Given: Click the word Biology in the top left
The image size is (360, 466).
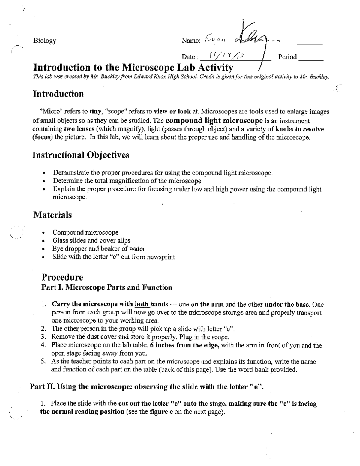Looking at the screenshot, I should [x=45, y=41].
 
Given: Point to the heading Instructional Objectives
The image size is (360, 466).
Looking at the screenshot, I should [x=81, y=155].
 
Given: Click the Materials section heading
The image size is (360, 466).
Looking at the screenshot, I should [x=52, y=215].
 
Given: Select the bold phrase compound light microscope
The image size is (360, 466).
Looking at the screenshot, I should [x=214, y=121].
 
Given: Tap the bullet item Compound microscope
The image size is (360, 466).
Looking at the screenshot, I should [x=85, y=232].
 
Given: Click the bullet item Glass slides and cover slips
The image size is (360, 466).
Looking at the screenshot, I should [x=91, y=240].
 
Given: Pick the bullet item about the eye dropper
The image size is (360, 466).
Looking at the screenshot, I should [x=99, y=248].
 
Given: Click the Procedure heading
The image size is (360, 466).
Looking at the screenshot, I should [x=62, y=277].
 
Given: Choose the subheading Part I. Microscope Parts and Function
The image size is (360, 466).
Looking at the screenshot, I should [x=107, y=287].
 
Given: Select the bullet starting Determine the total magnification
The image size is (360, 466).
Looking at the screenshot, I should [x=127, y=181].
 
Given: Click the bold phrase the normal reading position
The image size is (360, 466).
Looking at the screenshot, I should [x=82, y=411].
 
